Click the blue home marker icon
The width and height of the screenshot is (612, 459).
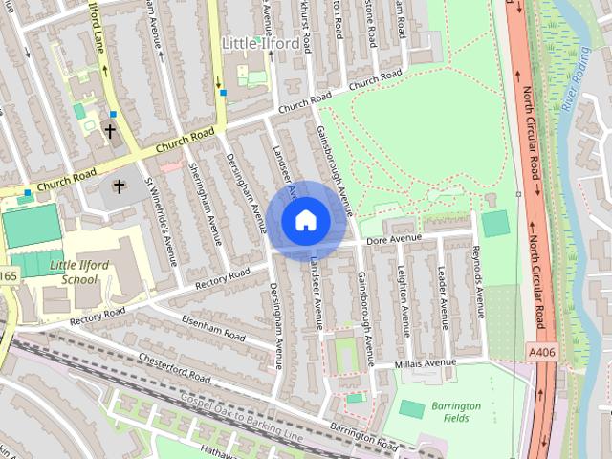click(305, 220)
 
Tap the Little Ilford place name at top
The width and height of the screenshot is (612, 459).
click(259, 43)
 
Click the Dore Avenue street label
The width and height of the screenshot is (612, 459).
click(394, 235)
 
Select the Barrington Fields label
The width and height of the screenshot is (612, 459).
click(455, 412)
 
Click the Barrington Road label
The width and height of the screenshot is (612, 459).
click(363, 436)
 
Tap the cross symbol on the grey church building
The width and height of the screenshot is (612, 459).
click(120, 186)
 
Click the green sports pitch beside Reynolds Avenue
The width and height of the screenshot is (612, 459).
click(495, 224)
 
